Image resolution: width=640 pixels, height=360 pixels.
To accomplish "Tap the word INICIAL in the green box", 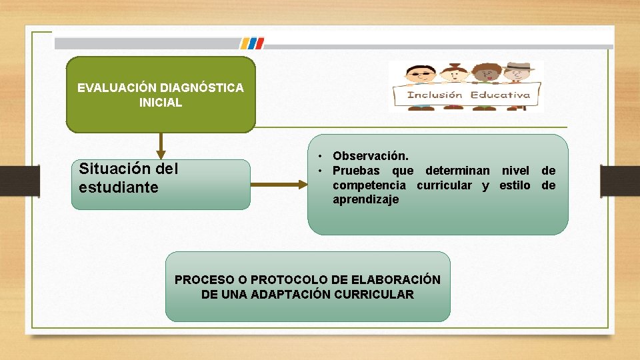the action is [160, 103].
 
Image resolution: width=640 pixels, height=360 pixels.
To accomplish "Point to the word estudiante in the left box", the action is [118, 187].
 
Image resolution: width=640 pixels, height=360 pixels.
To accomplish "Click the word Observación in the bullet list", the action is [371, 155].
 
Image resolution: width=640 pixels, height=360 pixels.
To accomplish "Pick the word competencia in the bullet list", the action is [369, 185].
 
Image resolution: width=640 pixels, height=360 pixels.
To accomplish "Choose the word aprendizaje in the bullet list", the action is [365, 200].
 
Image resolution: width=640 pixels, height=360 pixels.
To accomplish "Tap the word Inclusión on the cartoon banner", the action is [435, 95].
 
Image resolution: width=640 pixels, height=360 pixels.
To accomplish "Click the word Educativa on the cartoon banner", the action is [500, 95].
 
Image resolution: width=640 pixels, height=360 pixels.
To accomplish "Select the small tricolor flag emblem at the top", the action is [251, 43].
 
